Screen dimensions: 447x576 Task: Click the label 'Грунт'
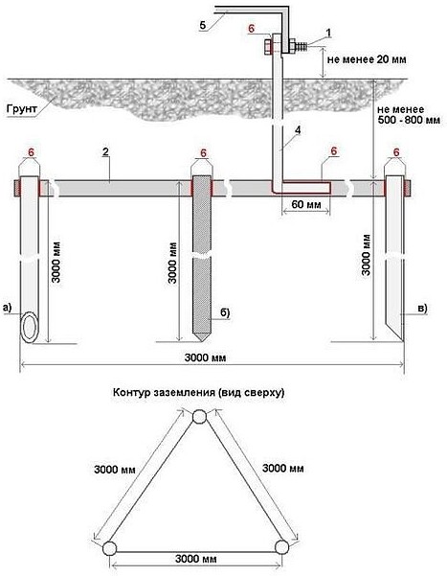[x=22, y=109]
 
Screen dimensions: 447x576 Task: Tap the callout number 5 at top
[x=203, y=25]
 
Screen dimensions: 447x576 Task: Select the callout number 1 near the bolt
[x=328, y=33]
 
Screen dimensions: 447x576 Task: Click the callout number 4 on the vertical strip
[x=298, y=130]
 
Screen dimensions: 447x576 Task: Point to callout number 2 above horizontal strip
[x=105, y=152]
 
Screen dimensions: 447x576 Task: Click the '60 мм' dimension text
[x=305, y=203]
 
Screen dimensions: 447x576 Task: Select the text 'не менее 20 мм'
[x=367, y=59]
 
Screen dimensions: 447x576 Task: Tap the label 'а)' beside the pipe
[x=8, y=307]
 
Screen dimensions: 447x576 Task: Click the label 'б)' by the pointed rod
[x=225, y=312]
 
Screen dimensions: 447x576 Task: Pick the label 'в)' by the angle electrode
[x=422, y=309]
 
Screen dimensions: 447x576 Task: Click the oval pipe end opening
[x=29, y=327]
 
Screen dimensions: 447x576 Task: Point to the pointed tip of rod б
[x=201, y=340]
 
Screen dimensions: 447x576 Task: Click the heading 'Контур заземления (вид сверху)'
[x=198, y=392]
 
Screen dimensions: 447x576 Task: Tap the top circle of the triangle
[x=199, y=417]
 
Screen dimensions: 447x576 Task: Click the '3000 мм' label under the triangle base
[x=195, y=560]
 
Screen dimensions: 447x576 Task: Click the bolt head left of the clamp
[x=267, y=49]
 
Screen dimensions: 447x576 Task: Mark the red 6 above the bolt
[x=251, y=29]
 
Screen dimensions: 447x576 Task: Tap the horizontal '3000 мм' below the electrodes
[x=205, y=357]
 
